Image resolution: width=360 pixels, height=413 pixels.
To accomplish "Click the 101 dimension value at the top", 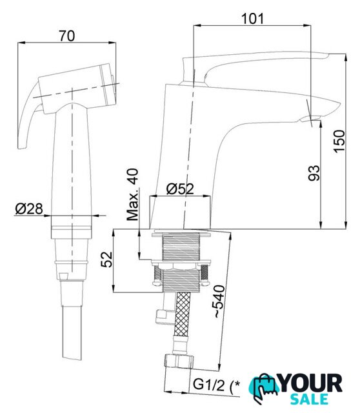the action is click(252, 19).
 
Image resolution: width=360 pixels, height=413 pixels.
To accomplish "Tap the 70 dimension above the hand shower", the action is click(66, 36).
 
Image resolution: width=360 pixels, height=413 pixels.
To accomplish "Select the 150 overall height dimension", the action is click(339, 141).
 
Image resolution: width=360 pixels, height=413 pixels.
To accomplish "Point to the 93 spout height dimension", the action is click(314, 173).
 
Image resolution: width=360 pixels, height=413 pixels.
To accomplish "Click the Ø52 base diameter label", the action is click(180, 188).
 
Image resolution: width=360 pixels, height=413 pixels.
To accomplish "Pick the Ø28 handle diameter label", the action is click(28, 209).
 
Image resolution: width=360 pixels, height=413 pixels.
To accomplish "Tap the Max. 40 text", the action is click(132, 194).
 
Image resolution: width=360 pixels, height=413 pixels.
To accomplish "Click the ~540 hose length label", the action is click(219, 301).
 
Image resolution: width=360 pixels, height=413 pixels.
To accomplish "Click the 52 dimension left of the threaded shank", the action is click(107, 259).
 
